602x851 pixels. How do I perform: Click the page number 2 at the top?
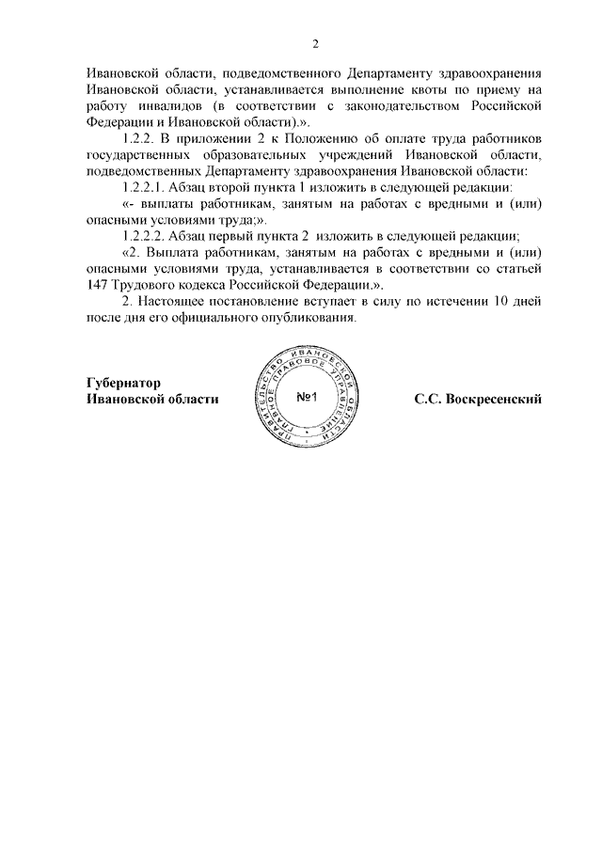pos(316,44)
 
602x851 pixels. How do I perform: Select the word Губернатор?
pos(124,383)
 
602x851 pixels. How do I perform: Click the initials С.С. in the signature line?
pos(428,399)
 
